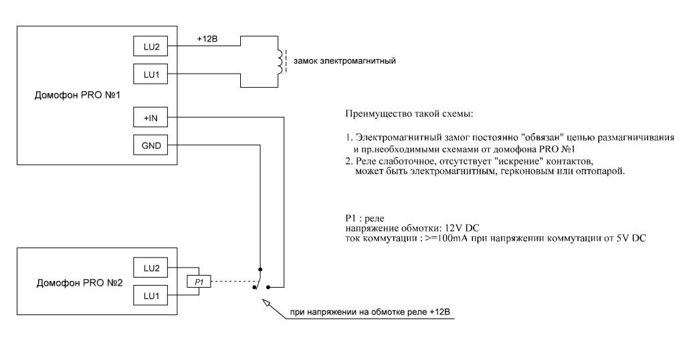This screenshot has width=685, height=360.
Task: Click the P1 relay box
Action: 199,282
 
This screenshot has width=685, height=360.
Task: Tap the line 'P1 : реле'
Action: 361,218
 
